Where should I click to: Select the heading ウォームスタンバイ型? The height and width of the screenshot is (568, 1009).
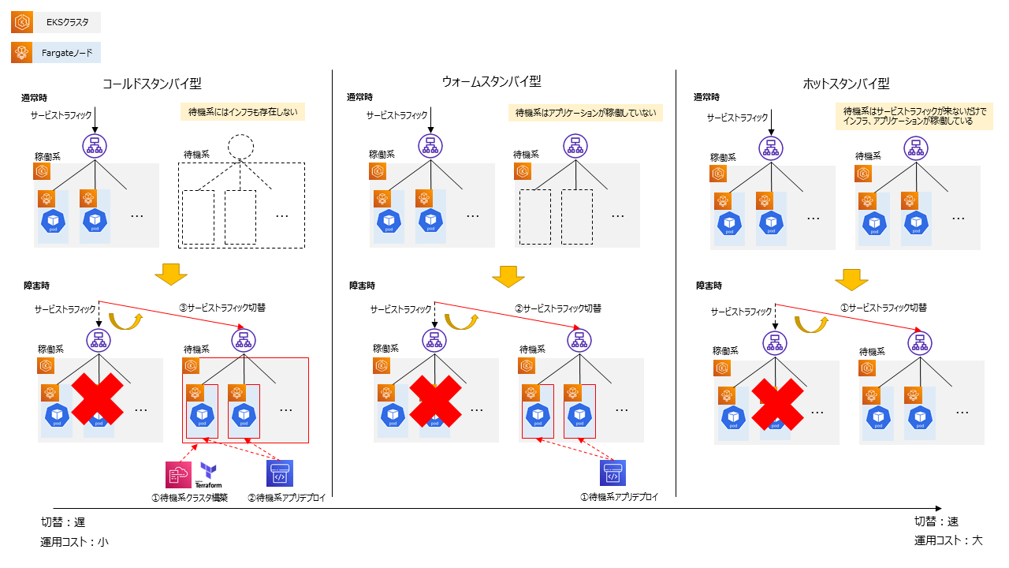pyautogui.click(x=491, y=81)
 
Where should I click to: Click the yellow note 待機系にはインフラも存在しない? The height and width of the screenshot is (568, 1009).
pyautogui.click(x=243, y=112)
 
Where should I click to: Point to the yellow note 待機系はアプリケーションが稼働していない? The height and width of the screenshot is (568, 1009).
pyautogui.click(x=585, y=113)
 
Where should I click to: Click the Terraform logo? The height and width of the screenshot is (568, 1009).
pyautogui.click(x=209, y=476)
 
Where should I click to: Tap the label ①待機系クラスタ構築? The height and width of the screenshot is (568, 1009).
pyautogui.click(x=189, y=498)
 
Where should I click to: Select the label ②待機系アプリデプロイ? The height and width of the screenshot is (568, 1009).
pyautogui.click(x=286, y=498)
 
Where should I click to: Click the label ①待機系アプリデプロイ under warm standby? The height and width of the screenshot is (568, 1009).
pyautogui.click(x=618, y=497)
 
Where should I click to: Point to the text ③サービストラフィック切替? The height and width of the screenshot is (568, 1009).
pyautogui.click(x=223, y=308)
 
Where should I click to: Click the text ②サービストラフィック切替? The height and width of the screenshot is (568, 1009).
pyautogui.click(x=559, y=308)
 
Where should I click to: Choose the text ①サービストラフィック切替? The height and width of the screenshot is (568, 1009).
pyautogui.click(x=883, y=308)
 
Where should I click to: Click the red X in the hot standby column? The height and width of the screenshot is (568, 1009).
pyautogui.click(x=777, y=404)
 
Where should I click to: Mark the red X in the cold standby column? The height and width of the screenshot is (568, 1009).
pyautogui.click(x=99, y=399)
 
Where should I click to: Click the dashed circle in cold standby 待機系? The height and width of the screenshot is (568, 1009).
pyautogui.click(x=241, y=147)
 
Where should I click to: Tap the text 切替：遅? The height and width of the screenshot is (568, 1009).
pyautogui.click(x=63, y=521)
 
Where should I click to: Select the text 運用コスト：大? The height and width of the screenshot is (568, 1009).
pyautogui.click(x=948, y=540)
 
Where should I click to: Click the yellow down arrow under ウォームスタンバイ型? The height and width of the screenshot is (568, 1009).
pyautogui.click(x=508, y=278)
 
